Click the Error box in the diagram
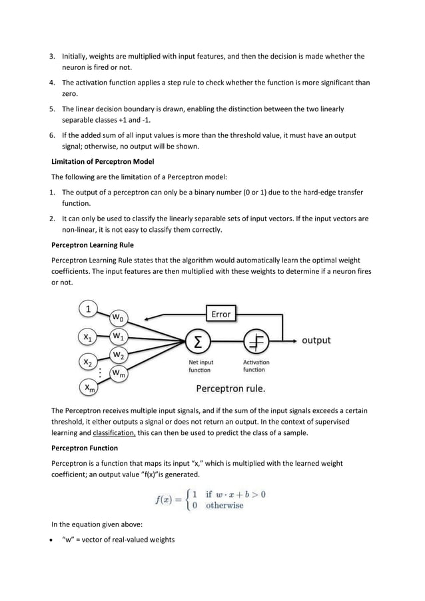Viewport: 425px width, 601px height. coord(220,314)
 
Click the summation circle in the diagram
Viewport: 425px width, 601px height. coord(199,341)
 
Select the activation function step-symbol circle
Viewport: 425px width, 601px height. coord(255,341)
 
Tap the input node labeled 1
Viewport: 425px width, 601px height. coord(88,308)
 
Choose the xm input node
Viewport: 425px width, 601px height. coord(88,387)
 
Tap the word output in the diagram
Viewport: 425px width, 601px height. coord(316,340)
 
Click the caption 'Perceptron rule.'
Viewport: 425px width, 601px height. coord(230,387)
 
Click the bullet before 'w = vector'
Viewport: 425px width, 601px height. coord(54,540)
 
